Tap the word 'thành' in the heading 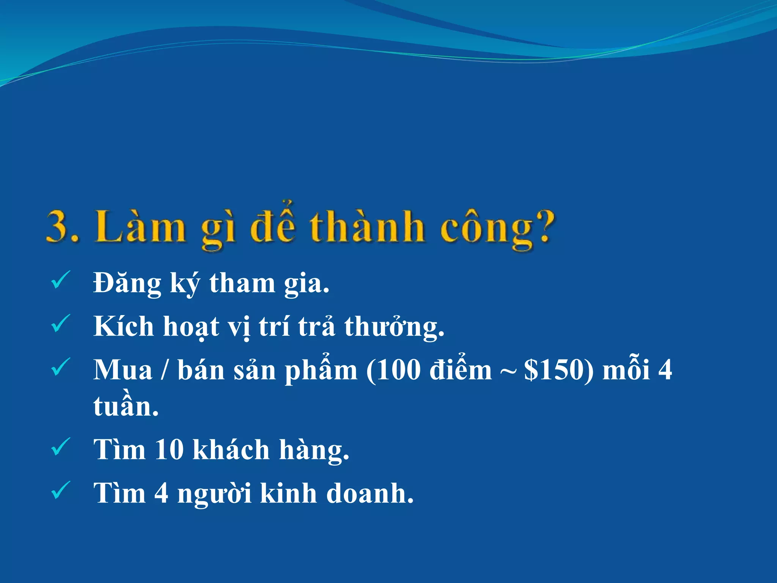pos(366,227)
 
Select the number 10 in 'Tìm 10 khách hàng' pos(169,450)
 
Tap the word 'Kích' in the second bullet pos(124,326)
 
